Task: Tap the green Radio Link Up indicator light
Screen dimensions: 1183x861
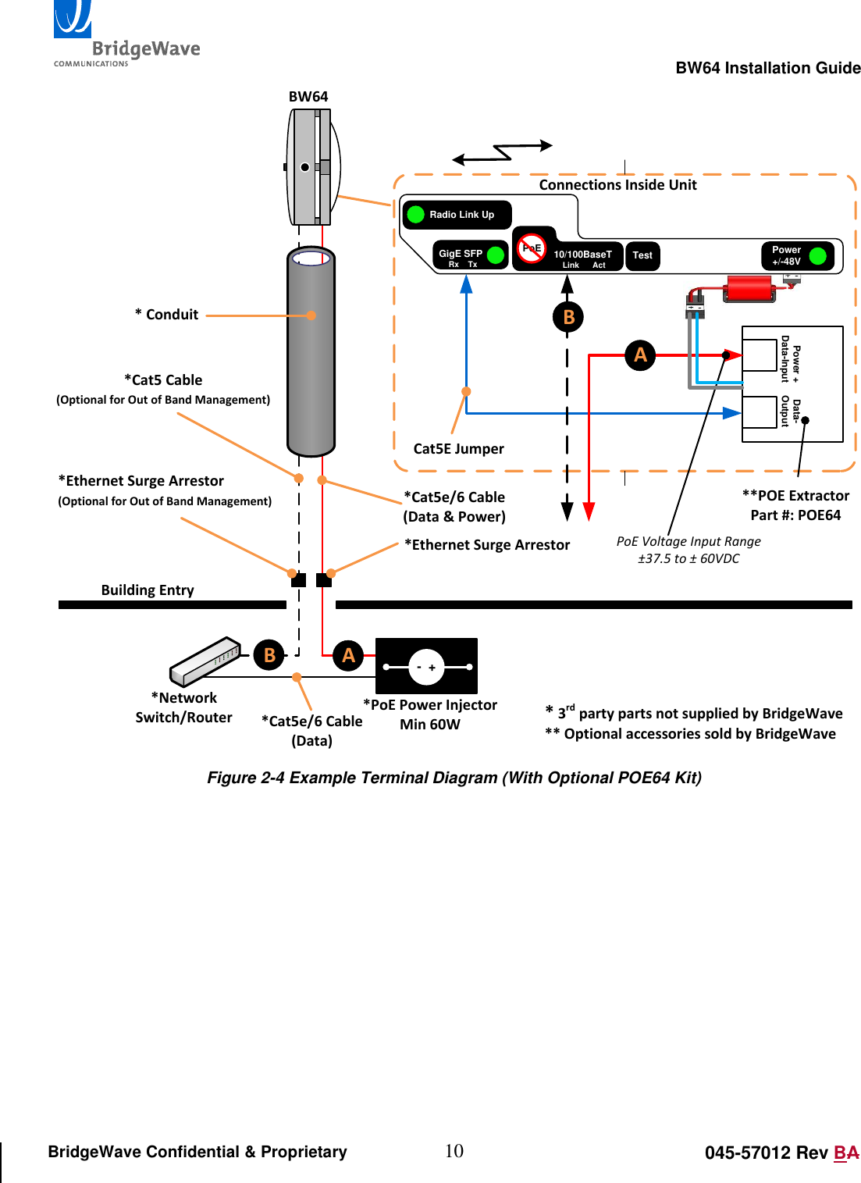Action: [x=416, y=215]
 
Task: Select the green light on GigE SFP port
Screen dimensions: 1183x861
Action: [x=496, y=255]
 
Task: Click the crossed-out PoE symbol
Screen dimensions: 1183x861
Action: [x=532, y=248]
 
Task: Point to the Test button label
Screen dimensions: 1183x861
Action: [x=642, y=255]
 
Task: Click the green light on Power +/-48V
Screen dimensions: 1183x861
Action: [x=818, y=255]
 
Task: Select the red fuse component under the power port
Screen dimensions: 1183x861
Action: [x=749, y=288]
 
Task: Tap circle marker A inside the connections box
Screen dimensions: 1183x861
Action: [x=640, y=355]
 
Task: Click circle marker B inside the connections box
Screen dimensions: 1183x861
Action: [x=568, y=317]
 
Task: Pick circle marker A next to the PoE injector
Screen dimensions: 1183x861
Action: [x=348, y=655]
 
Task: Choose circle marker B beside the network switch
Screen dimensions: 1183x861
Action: [x=269, y=655]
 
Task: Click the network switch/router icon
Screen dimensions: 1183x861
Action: [x=205, y=661]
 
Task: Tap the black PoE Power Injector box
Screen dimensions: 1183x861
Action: [x=426, y=666]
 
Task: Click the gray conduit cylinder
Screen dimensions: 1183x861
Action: [x=311, y=351]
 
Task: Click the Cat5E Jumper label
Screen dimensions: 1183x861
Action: [x=458, y=449]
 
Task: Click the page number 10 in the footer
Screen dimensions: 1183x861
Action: [x=454, y=1151]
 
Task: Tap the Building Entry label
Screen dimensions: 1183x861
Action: [x=148, y=590]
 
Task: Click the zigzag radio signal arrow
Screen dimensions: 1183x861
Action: [x=503, y=152]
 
